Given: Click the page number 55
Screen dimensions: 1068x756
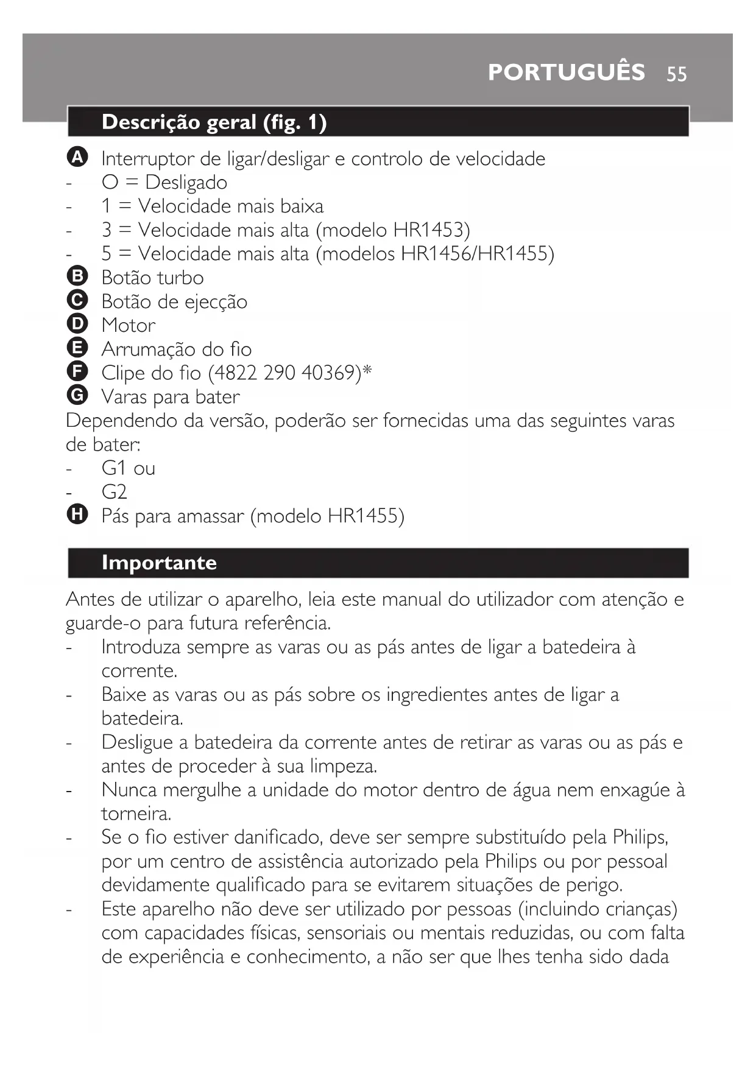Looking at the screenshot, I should coord(676,74).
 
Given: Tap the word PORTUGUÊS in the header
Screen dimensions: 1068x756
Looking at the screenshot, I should coord(566,72).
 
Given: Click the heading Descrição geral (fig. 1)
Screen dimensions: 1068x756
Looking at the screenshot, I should coord(214,122).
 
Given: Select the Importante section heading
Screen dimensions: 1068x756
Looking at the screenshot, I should coord(159,563).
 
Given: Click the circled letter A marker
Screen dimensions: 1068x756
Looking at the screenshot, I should coord(77,158).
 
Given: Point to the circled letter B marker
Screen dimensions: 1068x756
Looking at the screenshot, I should coord(77,276).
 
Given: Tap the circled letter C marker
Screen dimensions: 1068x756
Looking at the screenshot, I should coord(77,300).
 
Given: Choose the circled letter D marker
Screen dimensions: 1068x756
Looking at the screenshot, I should coord(77,324).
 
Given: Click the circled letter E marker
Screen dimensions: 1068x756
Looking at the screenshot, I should coord(77,348).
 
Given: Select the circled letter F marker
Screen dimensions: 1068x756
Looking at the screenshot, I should coord(77,371).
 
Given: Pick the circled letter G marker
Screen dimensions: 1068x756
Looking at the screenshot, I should coord(77,396).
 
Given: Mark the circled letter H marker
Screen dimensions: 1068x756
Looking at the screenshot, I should coord(77,515).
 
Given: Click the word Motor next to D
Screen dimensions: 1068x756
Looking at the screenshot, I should coord(128,325).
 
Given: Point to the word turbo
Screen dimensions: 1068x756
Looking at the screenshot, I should coord(179,278).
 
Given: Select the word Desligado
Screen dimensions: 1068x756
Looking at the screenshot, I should coord(186,183).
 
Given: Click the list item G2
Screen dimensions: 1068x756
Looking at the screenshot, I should coord(114,492).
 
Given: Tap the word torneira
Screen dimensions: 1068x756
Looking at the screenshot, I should coord(136,814).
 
